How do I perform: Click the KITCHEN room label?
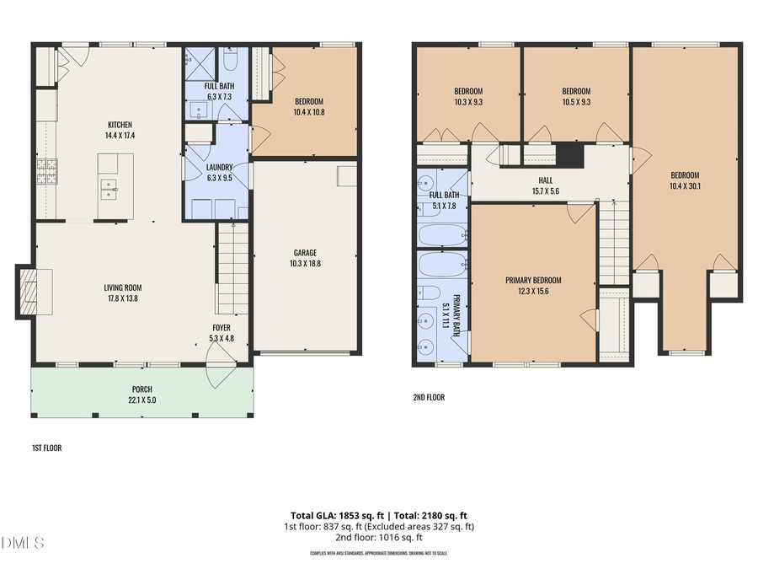click(119, 125)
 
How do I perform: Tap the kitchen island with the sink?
click(115, 185)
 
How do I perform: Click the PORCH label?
click(141, 389)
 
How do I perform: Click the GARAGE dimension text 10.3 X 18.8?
click(305, 264)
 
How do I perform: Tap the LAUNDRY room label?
click(219, 167)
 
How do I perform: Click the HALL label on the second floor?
click(546, 180)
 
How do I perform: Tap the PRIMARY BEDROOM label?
click(533, 281)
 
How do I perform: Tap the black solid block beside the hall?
click(570, 155)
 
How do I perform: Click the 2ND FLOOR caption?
click(428, 397)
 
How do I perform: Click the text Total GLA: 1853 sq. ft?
click(332, 515)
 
